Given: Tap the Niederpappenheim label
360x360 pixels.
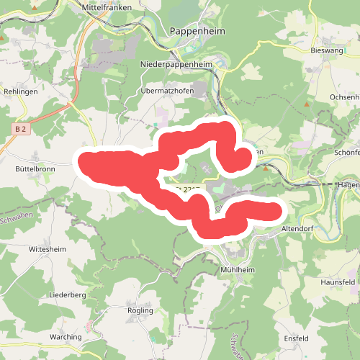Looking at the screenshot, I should tap(176, 64).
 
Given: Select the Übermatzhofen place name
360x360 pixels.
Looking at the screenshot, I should tap(168, 91).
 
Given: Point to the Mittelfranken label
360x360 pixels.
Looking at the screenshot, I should tap(109, 6).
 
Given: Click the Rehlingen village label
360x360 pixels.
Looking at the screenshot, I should tap(20, 92).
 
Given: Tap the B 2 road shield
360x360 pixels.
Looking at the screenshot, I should tap(20, 128).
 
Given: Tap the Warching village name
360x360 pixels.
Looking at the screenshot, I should tap(67, 337).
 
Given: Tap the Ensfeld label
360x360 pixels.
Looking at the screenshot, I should tap(296, 338).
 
